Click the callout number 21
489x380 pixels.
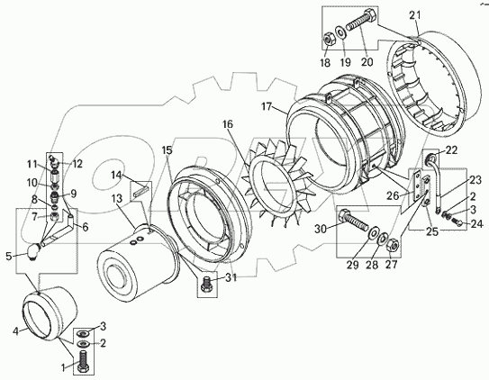coord(415,15)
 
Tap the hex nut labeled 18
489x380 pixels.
coord(328,40)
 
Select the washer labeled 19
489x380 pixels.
coord(340,32)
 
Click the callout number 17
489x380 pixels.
coord(267,107)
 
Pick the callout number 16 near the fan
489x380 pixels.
coord(228,124)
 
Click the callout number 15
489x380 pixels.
coord(168,150)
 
